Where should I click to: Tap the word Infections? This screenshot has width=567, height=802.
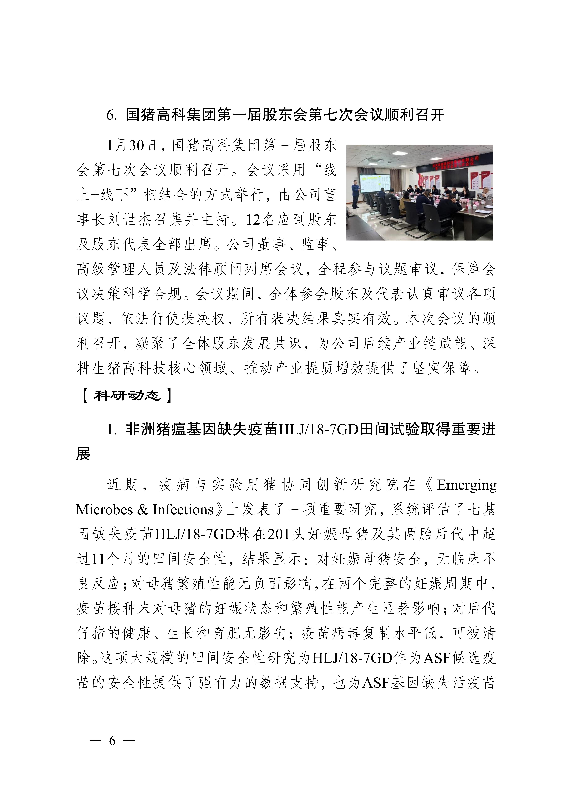click(x=183, y=510)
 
